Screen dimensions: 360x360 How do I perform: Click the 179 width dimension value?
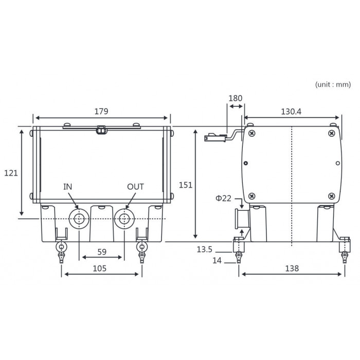(x=101, y=112)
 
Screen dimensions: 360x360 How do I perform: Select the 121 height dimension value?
(x=11, y=173)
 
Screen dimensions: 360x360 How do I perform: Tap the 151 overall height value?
(x=186, y=185)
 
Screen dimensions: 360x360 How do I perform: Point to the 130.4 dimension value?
(x=291, y=112)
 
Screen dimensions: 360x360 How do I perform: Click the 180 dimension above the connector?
(x=236, y=98)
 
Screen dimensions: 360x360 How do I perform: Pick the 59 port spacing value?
(x=102, y=252)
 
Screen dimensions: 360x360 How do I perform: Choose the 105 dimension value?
(x=100, y=268)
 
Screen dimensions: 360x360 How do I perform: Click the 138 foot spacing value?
(x=292, y=268)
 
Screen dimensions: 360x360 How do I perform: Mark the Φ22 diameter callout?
(x=223, y=198)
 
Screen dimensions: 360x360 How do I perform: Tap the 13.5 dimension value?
(x=205, y=249)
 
